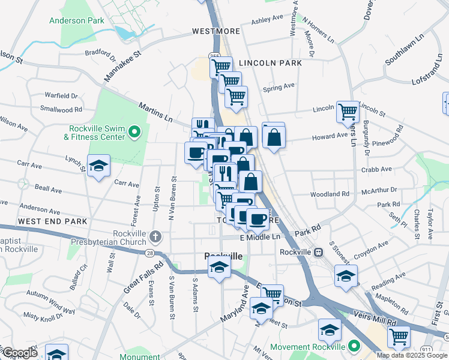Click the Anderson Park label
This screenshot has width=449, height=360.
tap(77, 20)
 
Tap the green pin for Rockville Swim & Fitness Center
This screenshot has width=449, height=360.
tap(134, 131)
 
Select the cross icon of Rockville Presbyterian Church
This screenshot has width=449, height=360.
tap(156, 236)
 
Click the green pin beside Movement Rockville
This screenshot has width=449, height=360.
tap(354, 346)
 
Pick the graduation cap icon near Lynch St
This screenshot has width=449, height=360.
tap(98, 166)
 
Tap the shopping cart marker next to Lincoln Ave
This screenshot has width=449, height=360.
tap(348, 110)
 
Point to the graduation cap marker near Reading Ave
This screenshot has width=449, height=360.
tap(346, 276)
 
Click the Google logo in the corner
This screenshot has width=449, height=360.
tap(19, 353)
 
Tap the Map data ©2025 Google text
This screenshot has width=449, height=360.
tap(412, 355)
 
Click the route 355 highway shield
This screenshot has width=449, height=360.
tap(214, 56)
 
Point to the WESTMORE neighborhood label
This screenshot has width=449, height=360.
tap(216, 31)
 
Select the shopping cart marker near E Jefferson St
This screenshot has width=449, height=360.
tap(272, 294)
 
